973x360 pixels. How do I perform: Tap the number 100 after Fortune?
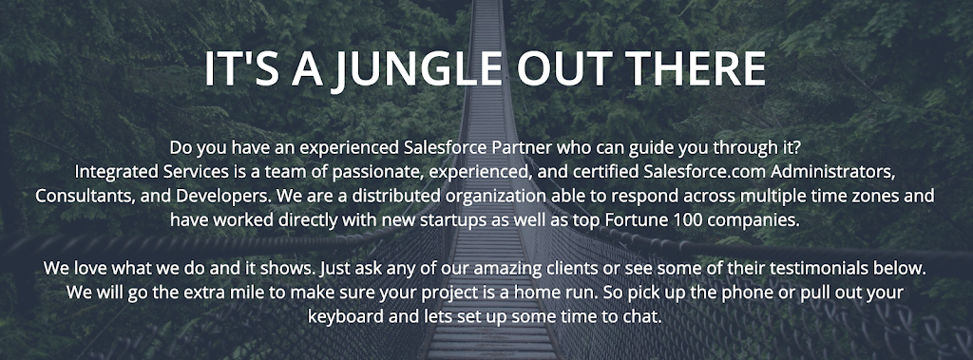pyautogui.click(x=683, y=219)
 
